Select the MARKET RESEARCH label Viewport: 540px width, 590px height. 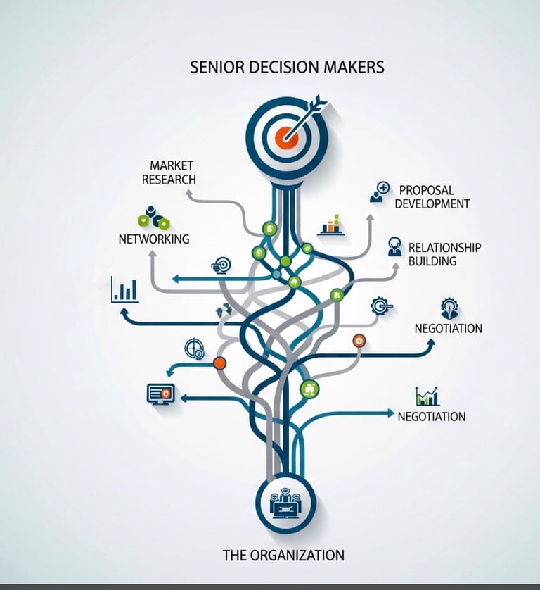point(169,172)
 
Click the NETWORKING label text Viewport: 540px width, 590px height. point(154,239)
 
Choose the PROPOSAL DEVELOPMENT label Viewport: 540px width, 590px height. point(432,196)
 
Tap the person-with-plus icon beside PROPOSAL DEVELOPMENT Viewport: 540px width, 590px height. point(380,192)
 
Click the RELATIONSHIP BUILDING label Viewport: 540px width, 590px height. point(444,254)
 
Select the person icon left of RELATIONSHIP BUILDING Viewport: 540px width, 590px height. point(395,246)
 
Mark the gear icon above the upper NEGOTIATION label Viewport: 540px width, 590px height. point(449,308)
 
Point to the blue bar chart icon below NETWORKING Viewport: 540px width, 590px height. point(124,289)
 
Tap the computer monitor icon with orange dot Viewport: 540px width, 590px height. point(160,393)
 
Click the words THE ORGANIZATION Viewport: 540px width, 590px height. point(283,555)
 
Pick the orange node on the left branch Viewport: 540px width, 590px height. point(219,363)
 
